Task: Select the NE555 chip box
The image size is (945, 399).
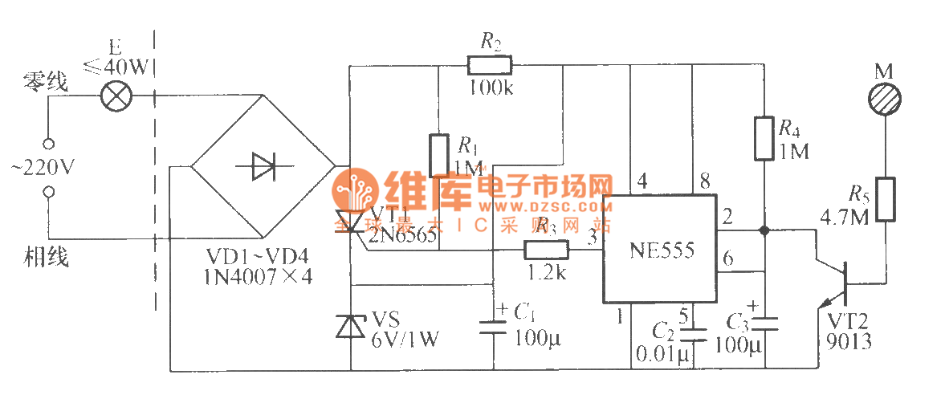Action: [660, 250]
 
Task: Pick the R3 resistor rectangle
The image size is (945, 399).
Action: [547, 250]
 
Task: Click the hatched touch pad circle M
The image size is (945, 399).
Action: [885, 100]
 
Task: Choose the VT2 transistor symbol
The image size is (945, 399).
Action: [835, 283]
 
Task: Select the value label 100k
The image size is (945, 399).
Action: [491, 87]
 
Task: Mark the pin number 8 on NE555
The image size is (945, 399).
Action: [704, 182]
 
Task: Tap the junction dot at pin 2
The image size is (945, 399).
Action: [764, 230]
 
